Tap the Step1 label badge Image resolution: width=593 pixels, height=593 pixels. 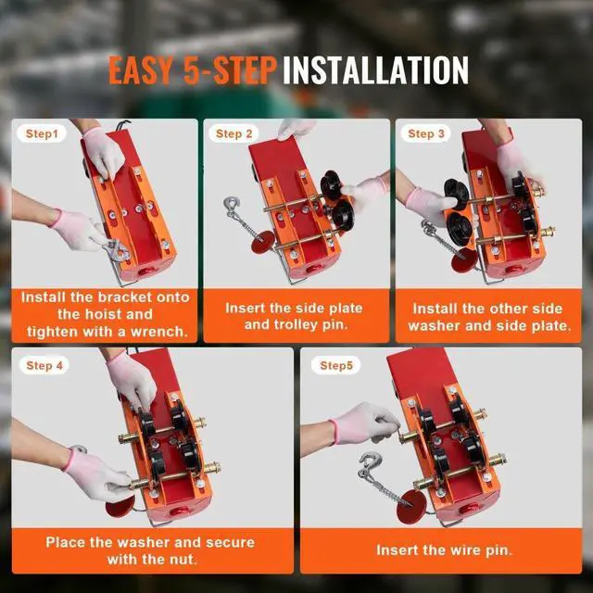[42, 134]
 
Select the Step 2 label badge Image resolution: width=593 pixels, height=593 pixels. [233, 134]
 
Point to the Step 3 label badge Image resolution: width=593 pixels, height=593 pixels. [426, 134]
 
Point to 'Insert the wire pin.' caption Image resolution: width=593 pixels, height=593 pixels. [444, 550]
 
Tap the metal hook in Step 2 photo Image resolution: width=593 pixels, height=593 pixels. [232, 207]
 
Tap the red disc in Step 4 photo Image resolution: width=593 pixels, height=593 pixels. [118, 507]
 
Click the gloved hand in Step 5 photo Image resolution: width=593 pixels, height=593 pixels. [357, 424]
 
